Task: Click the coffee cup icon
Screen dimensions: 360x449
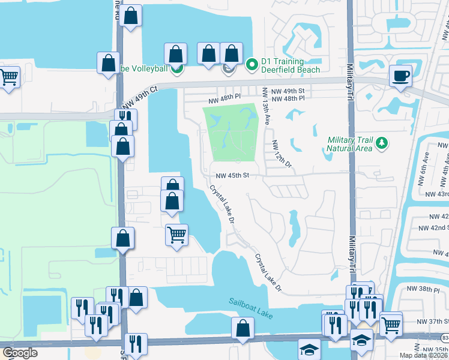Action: point(400,76)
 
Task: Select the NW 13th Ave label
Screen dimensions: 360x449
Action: point(265,107)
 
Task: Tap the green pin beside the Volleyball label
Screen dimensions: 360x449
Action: point(176,69)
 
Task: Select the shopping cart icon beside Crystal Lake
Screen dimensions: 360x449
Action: point(176,234)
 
